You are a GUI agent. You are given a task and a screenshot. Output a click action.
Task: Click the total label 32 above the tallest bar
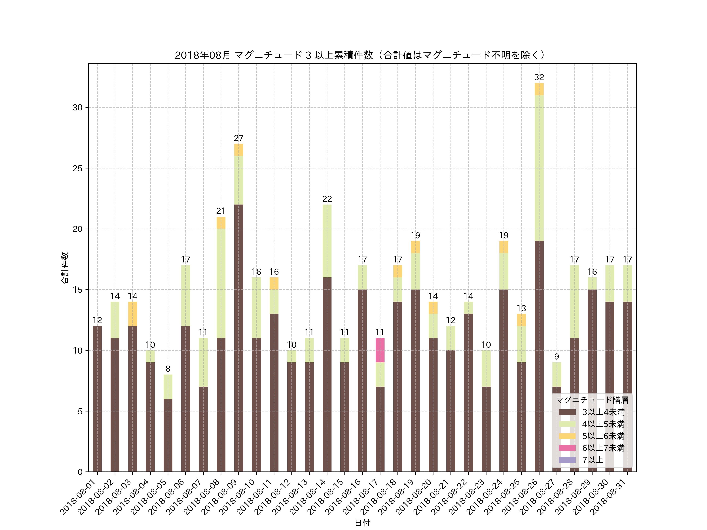point(539,77)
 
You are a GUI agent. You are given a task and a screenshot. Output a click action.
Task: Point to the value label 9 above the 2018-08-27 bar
point(556,356)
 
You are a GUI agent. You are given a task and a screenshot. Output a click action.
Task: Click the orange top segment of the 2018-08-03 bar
point(133,314)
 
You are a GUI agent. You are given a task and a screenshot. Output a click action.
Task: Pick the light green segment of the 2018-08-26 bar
point(539,168)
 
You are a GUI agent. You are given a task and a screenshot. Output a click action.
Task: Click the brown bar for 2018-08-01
point(97,399)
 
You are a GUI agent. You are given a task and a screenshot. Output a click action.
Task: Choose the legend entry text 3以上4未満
point(603,412)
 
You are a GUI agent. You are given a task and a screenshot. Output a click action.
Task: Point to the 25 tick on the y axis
point(77,168)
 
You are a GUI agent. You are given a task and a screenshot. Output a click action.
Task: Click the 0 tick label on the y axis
point(80,472)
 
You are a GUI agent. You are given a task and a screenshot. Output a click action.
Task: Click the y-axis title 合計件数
point(65,268)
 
